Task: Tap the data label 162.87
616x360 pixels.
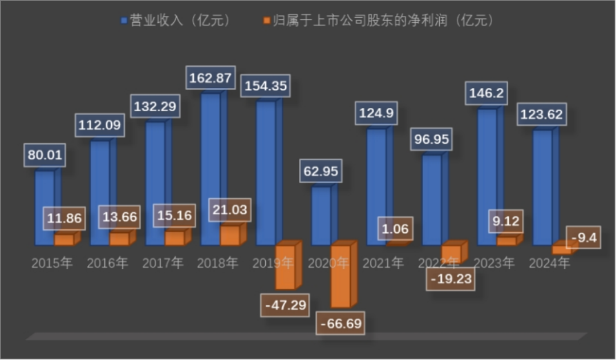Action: pyautogui.click(x=211, y=78)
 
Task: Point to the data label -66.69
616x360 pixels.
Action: pyautogui.click(x=341, y=323)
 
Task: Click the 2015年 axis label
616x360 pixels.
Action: pyautogui.click(x=52, y=263)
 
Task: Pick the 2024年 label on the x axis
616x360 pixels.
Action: pyautogui.click(x=549, y=263)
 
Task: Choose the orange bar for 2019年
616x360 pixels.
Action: pyautogui.click(x=285, y=266)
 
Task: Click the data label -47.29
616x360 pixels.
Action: pyautogui.click(x=285, y=304)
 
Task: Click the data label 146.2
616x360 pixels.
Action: pyautogui.click(x=487, y=93)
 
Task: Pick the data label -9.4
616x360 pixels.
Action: pyautogui.click(x=582, y=237)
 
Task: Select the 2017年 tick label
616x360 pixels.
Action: pyautogui.click(x=163, y=263)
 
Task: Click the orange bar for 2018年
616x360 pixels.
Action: pyautogui.click(x=230, y=236)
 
